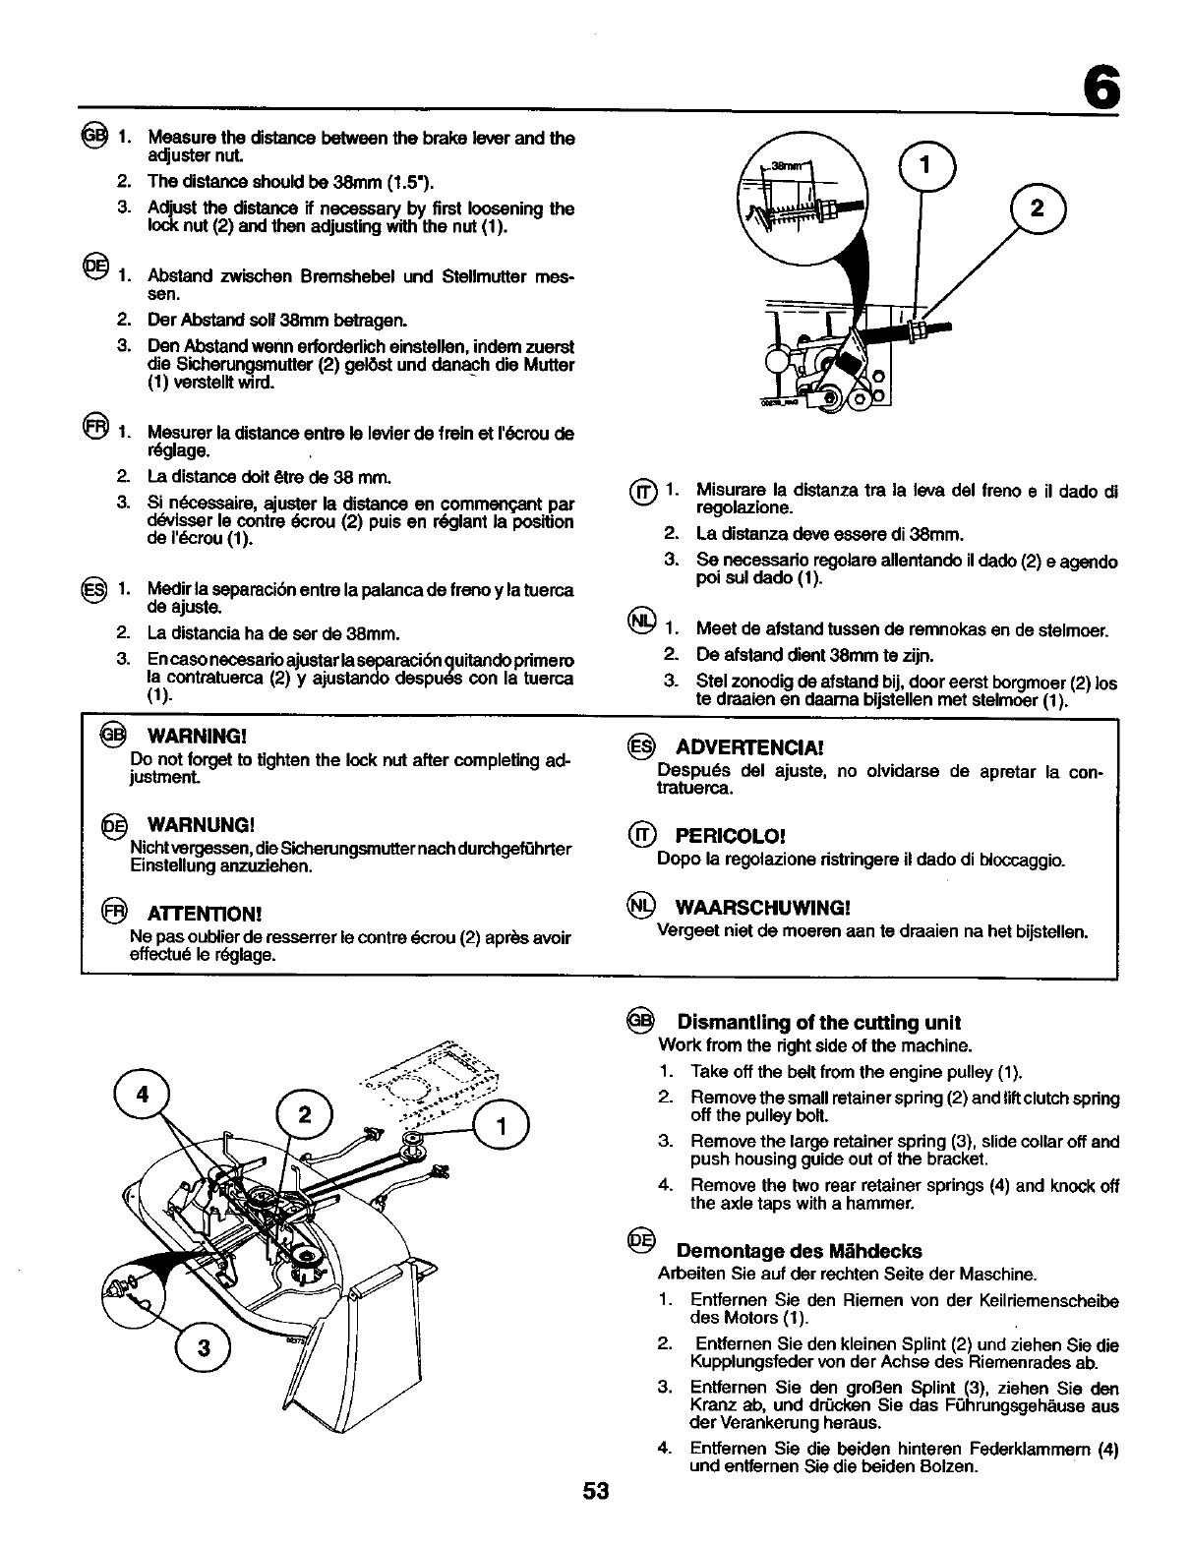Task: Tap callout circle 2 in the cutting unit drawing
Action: click(305, 1114)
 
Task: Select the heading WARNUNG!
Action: click(201, 822)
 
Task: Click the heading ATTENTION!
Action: click(205, 914)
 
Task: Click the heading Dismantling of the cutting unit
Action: click(818, 1022)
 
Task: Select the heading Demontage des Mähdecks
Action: click(800, 1251)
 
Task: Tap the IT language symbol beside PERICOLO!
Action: click(641, 836)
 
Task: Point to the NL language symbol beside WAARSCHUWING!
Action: click(640, 906)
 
